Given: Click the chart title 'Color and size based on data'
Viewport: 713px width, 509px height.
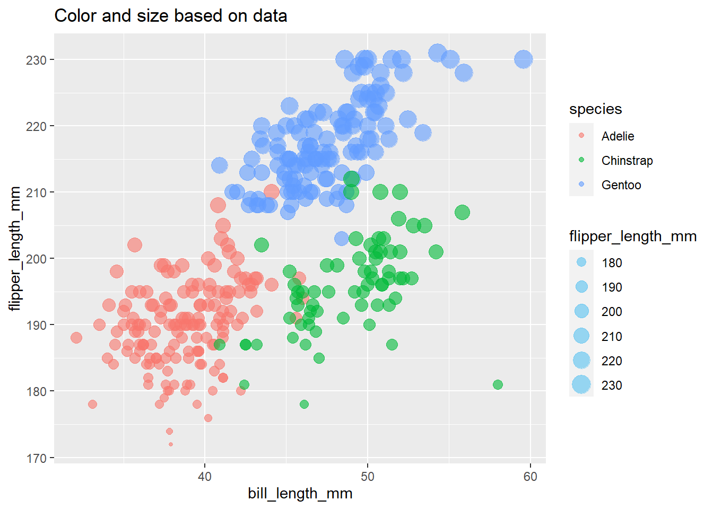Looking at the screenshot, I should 170,16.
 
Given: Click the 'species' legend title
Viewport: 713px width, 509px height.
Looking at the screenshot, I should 595,109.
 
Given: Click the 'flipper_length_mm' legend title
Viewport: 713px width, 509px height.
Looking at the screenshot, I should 632,236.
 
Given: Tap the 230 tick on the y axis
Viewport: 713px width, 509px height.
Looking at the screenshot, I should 36,60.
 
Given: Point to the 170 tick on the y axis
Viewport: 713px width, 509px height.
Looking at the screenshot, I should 36,458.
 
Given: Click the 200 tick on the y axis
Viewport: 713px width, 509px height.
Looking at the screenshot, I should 36,259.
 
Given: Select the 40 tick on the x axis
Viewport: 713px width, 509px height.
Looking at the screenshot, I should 205,477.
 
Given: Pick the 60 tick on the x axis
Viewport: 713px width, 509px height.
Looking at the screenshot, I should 530,477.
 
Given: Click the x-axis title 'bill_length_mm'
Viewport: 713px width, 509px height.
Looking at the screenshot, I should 300,494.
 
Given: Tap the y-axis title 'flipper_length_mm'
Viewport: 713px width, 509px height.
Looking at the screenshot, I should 15,248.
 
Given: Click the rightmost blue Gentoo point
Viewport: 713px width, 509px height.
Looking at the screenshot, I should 523,59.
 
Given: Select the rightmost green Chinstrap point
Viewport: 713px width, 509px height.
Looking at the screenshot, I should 498,384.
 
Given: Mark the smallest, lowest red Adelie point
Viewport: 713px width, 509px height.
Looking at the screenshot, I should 171,444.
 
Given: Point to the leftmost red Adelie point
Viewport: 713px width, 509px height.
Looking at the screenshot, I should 76,338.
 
